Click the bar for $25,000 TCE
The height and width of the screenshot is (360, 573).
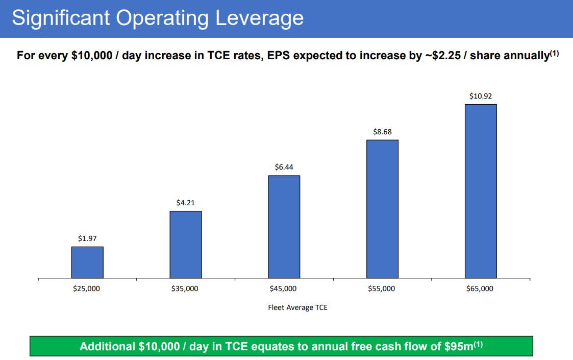(87, 262)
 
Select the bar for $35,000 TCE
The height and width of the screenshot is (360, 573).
(186, 245)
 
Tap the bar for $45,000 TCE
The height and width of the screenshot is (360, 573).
(284, 227)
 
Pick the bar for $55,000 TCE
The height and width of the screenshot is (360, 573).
(382, 209)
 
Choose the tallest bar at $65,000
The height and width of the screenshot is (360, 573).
(481, 191)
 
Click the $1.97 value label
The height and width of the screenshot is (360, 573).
(87, 238)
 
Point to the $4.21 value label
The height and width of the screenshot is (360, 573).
(186, 203)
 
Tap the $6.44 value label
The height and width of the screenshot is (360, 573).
(284, 167)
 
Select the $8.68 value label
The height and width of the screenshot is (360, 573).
(382, 131)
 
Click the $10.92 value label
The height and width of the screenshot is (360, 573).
(481, 96)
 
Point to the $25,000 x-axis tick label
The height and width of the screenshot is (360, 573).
(87, 289)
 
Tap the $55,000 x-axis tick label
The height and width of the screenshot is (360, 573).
(382, 289)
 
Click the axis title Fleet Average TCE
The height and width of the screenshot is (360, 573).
(297, 307)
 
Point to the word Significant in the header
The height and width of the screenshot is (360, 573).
(61, 18)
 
